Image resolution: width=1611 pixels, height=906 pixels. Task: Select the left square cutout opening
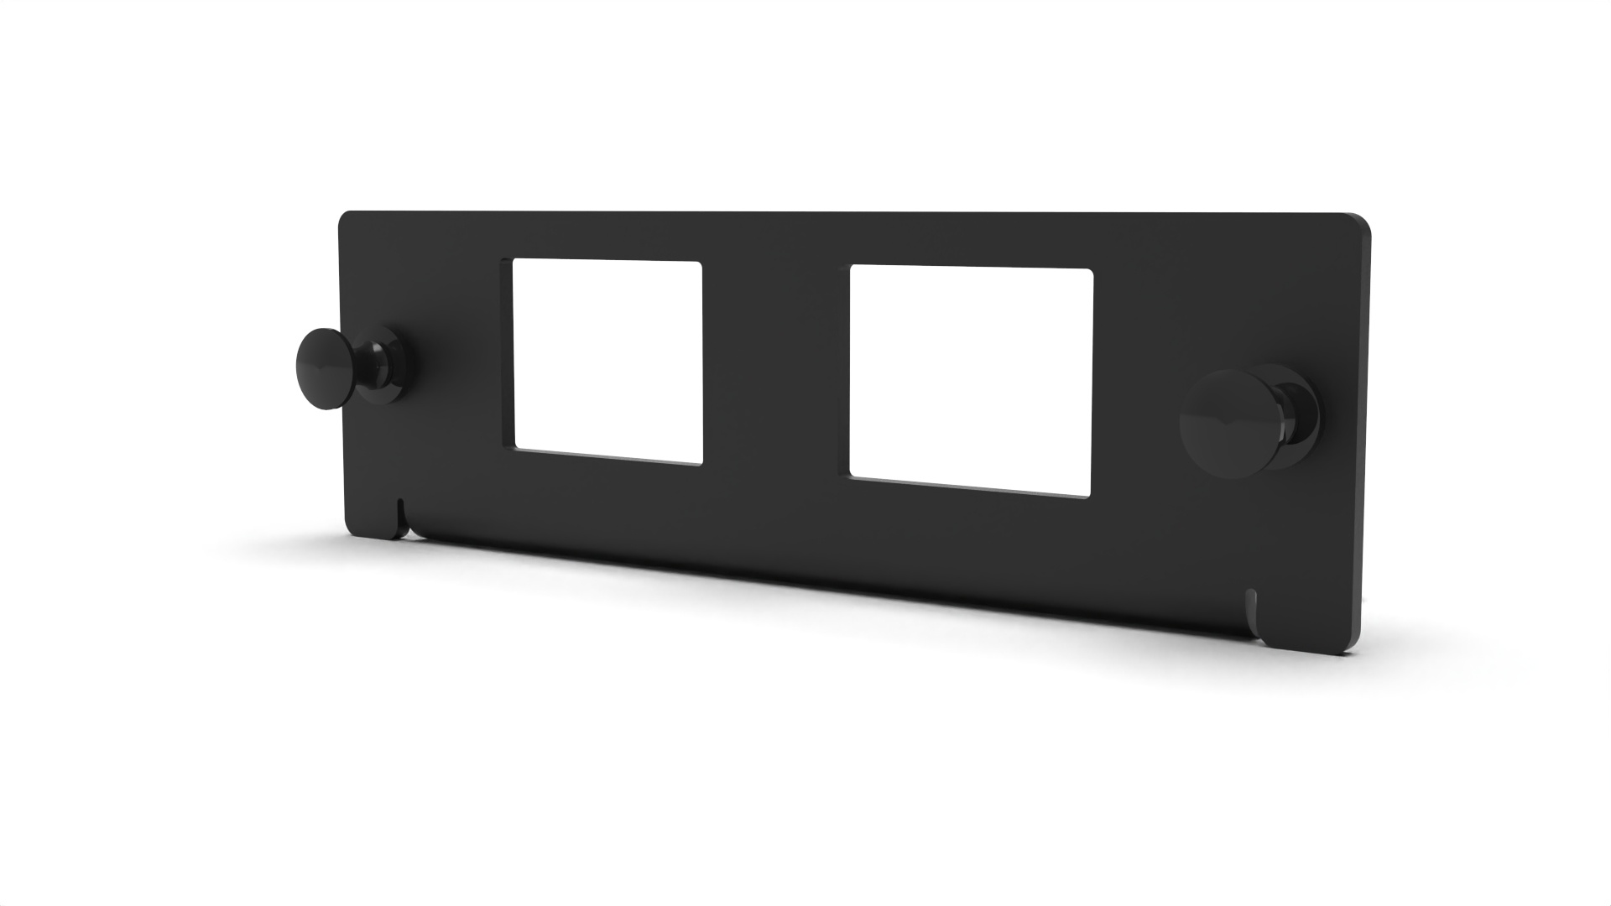tap(607, 362)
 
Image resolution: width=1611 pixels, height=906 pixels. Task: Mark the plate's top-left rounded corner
tap(344, 217)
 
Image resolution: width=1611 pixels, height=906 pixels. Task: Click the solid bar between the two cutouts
tap(775, 369)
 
